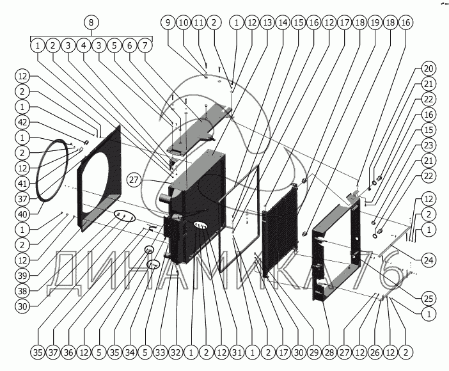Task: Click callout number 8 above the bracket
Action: coord(91,22)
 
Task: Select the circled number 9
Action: coord(168,22)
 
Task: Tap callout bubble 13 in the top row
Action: coord(267,22)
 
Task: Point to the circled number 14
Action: coord(283,22)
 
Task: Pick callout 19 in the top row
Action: coord(375,22)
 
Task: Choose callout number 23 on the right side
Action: coord(429,145)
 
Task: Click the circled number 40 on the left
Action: coord(23,214)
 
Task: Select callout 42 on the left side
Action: coord(23,122)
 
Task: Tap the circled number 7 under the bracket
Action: coord(146,45)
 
